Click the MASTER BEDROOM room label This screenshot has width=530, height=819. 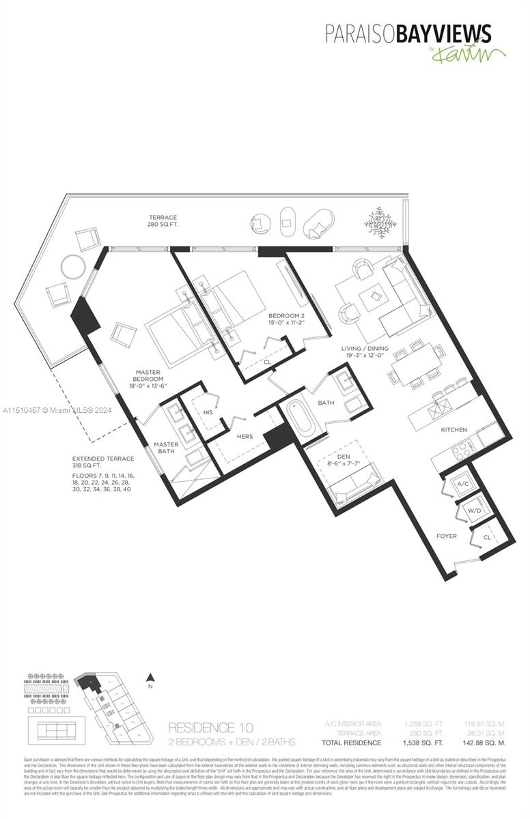[148, 379]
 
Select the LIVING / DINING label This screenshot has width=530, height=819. [364, 349]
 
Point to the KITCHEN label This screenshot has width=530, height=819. [454, 430]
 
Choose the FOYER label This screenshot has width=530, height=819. [447, 536]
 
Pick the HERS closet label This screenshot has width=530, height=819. [245, 436]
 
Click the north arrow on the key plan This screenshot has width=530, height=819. [152, 678]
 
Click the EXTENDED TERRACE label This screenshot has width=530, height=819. [103, 459]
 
